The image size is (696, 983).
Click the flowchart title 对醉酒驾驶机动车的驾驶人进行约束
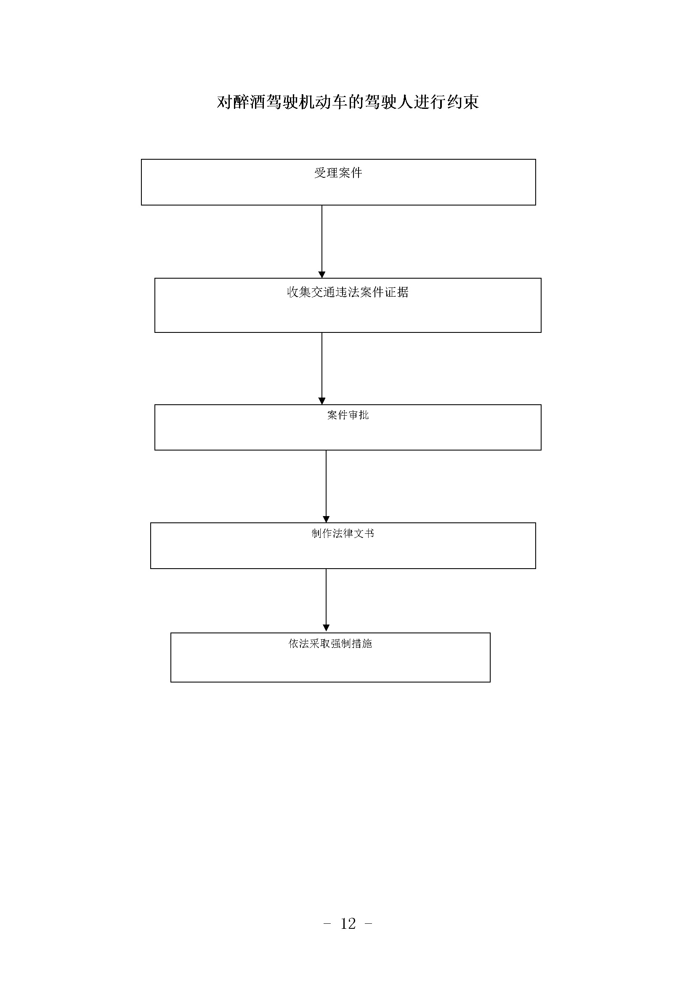coord(348,102)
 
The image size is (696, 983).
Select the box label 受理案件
coord(338,173)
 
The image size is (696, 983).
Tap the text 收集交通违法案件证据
coord(348,293)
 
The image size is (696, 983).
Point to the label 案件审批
coord(348,415)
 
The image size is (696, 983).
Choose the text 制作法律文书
coord(343,533)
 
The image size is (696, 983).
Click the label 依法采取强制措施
coord(330,643)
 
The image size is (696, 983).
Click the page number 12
coord(348,923)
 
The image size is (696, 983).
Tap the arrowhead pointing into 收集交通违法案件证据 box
coord(322,275)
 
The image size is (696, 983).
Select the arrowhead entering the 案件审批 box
coord(322,401)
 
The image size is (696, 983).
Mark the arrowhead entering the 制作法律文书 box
coord(326,519)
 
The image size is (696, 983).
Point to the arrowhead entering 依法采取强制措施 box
coord(326,628)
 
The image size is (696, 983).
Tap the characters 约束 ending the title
coord(463,102)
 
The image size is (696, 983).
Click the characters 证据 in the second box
coord(397,293)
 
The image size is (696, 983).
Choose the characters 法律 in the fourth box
coord(343,533)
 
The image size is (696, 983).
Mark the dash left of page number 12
coord(327,924)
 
